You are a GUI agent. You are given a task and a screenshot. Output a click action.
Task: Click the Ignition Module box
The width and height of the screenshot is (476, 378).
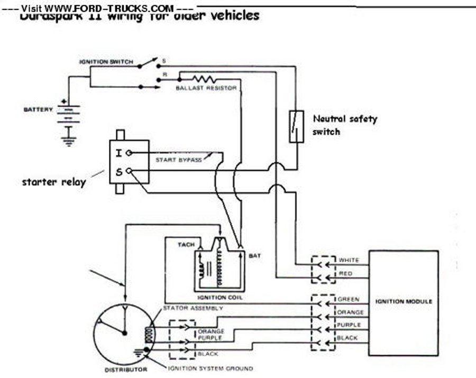point(404,302)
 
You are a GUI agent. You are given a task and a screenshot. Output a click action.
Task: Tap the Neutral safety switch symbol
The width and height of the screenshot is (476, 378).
point(296,126)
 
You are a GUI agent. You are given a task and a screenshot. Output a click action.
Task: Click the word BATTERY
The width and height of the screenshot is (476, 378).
point(38,110)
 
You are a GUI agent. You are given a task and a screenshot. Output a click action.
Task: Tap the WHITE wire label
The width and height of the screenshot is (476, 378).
point(349,260)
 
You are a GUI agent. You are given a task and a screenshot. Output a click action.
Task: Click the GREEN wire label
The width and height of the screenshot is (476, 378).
point(349,300)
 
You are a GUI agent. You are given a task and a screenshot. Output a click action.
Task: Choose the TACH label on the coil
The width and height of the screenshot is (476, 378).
point(186,245)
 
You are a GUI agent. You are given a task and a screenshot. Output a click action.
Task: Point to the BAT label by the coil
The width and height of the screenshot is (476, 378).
point(254,256)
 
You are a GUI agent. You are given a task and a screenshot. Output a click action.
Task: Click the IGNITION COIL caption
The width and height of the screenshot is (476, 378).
point(215,297)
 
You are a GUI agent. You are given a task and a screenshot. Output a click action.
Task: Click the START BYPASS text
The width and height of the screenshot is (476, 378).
point(179,160)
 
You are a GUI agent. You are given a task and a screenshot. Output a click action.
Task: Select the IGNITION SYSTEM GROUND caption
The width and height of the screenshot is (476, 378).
point(210,368)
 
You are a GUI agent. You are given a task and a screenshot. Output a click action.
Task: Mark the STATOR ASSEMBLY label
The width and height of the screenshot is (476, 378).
point(193,308)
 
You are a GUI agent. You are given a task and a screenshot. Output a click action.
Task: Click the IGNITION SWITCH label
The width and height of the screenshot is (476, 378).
point(106,62)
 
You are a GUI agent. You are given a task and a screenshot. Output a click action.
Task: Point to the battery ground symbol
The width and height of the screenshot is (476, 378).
point(68,140)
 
